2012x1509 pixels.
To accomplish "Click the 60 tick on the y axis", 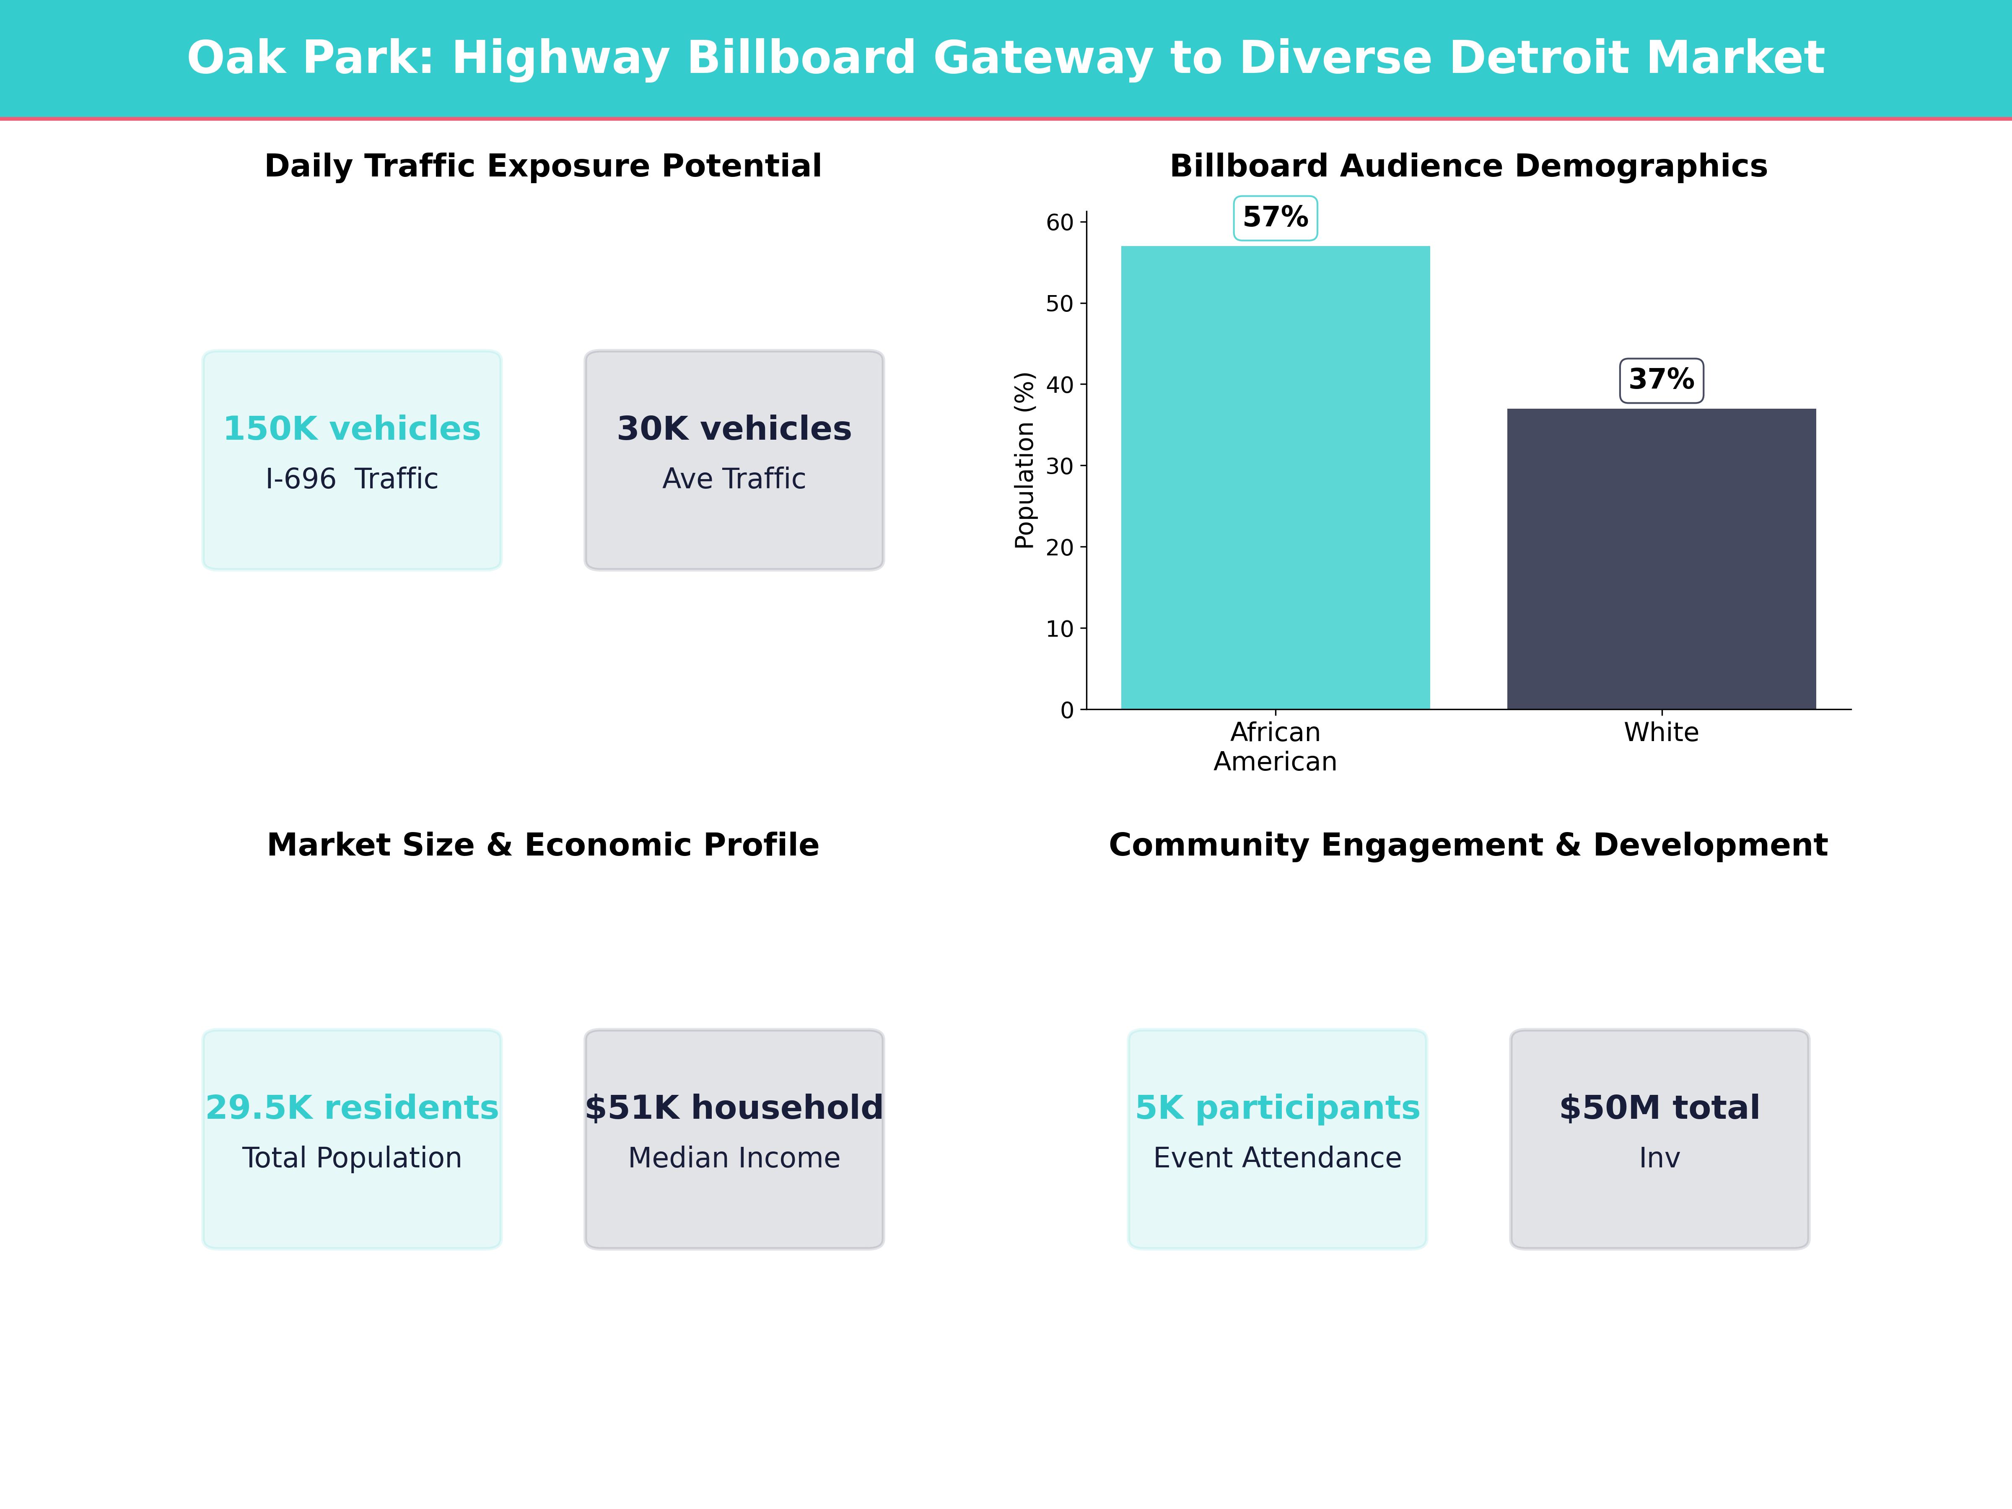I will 1060,223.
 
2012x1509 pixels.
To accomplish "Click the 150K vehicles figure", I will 352,428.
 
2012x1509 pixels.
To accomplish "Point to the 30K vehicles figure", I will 734,428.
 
